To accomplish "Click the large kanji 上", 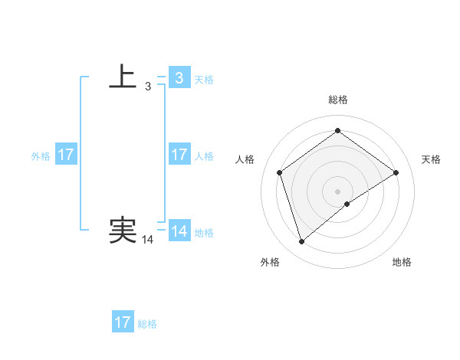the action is point(123,77).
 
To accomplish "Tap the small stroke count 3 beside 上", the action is point(148,87).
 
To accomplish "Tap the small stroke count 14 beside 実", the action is point(148,240).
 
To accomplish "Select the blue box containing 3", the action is point(179,77).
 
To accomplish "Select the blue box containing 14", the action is point(179,231).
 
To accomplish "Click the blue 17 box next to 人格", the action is point(179,155).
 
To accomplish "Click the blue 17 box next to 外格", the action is point(66,155).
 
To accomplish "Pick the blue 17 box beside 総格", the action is point(123,322).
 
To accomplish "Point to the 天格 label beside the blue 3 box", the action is point(204,79).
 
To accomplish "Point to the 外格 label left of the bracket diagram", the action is point(41,156).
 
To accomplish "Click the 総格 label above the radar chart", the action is point(338,100).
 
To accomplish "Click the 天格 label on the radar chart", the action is point(431,159).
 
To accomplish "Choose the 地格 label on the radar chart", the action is point(402,262).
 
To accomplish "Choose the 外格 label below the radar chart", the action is point(270,262).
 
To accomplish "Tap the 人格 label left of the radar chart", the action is point(245,159).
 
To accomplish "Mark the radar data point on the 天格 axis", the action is point(396,172).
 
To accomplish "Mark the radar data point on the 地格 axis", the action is point(347,204).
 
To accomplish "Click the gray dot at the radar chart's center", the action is point(337,191).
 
